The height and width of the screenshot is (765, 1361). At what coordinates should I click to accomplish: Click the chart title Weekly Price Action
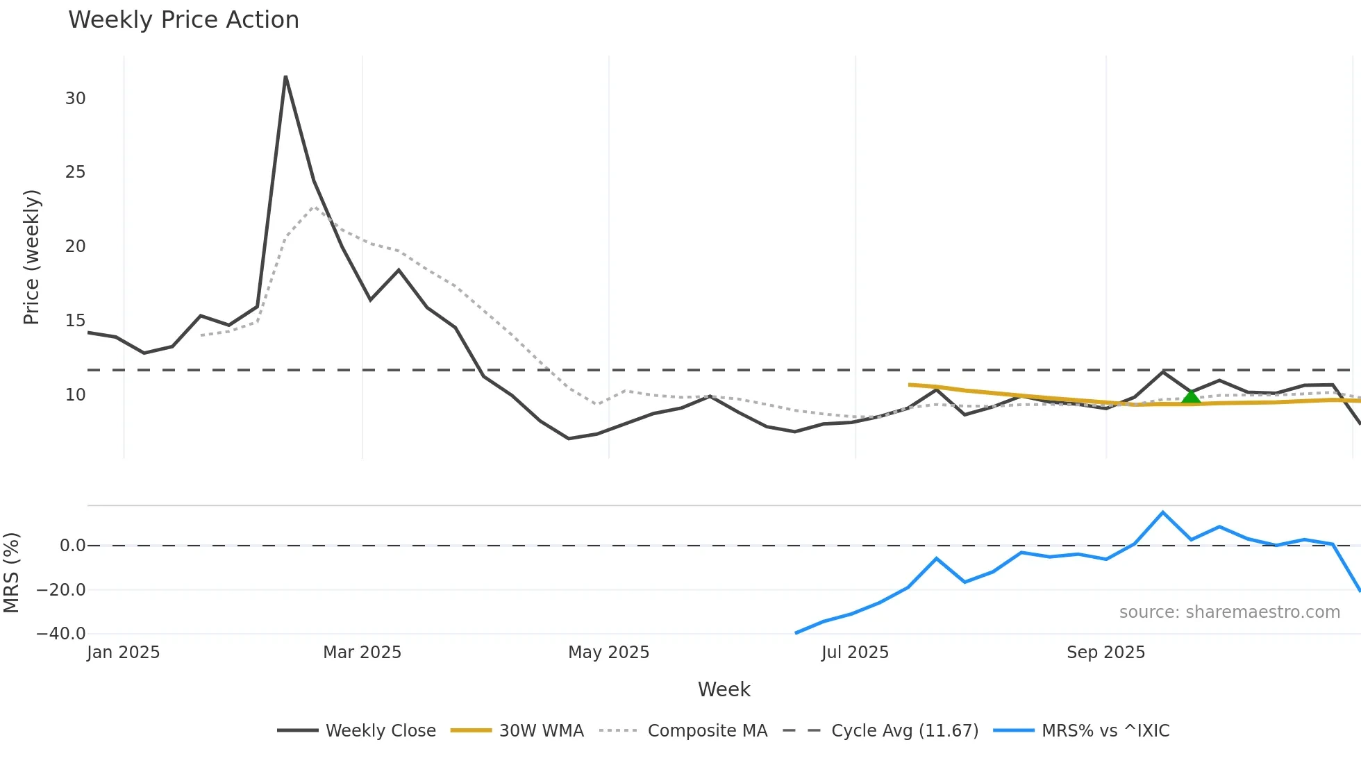click(183, 20)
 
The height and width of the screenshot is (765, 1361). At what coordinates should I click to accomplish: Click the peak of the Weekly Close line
click(285, 77)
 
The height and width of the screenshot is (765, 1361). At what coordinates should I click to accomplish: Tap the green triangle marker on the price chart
click(1191, 397)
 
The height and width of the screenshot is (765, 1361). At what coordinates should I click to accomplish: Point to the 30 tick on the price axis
click(75, 99)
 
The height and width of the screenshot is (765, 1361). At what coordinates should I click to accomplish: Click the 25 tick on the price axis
click(75, 172)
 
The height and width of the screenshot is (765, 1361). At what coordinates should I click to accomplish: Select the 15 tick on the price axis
click(75, 321)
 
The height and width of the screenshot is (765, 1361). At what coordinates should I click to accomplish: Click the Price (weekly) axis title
click(32, 257)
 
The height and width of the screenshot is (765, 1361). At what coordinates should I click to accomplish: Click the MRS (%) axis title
click(12, 573)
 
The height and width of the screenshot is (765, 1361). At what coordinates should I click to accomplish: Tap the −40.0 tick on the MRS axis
click(61, 634)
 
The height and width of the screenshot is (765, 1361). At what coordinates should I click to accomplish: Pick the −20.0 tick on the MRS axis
click(61, 590)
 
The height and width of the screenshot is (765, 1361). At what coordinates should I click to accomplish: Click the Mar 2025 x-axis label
click(362, 653)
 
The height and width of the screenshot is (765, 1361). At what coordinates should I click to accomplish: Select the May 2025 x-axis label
click(608, 653)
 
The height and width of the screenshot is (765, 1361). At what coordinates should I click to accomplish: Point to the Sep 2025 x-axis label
click(1105, 653)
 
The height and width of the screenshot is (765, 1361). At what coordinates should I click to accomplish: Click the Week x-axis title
click(724, 689)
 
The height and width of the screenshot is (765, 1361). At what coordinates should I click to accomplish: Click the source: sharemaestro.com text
click(1229, 612)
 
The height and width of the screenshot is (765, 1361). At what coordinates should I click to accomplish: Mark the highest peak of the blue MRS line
click(1162, 512)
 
